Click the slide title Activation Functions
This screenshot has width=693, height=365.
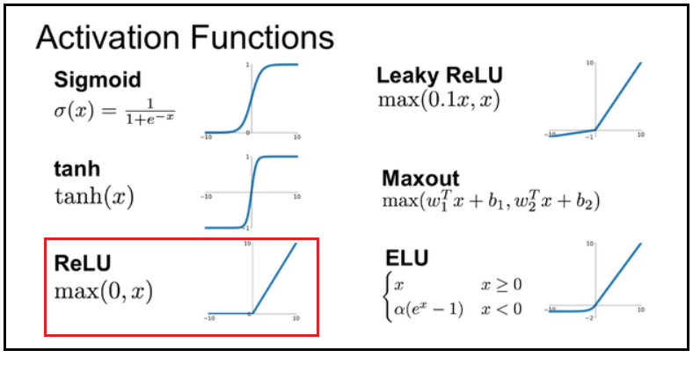click(184, 39)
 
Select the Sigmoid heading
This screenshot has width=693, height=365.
click(98, 80)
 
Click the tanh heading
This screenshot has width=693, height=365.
click(77, 169)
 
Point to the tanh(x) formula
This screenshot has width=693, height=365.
click(94, 196)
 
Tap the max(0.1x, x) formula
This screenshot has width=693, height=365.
click(439, 99)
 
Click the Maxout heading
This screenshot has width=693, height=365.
click(420, 178)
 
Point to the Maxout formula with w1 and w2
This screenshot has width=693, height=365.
click(491, 201)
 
